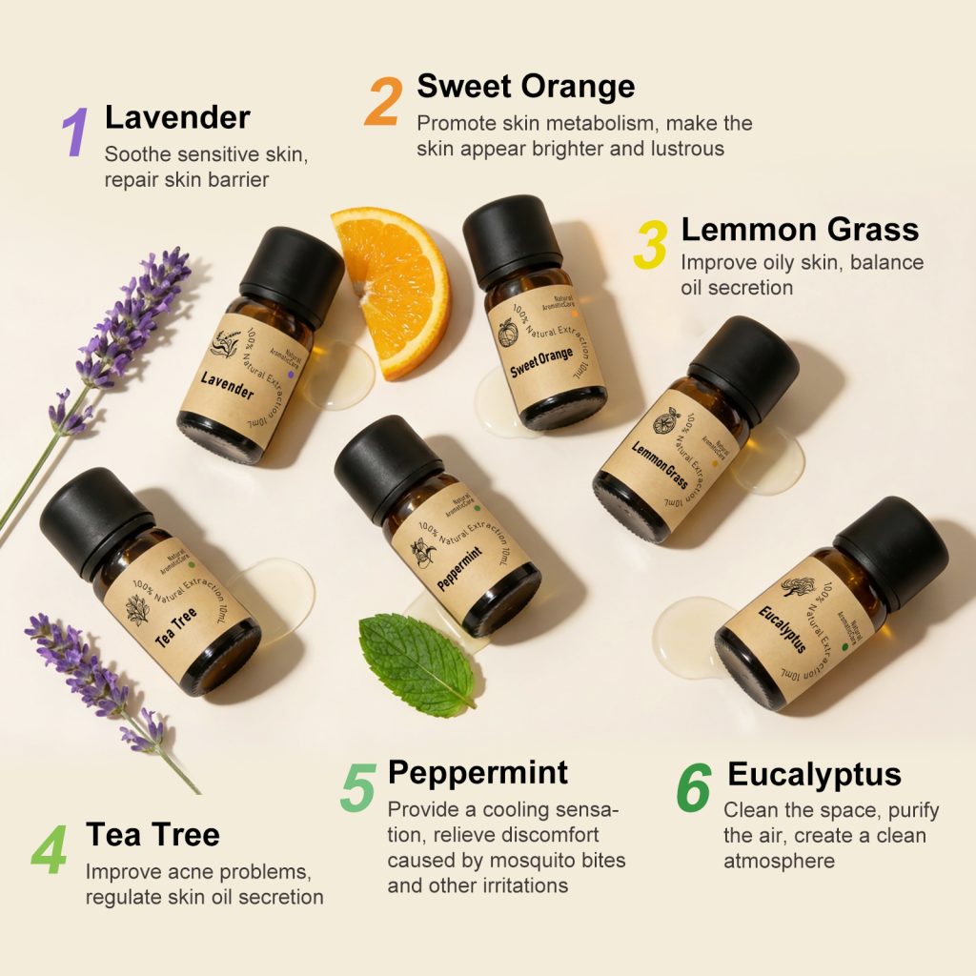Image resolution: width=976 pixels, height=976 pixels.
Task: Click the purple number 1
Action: (x=76, y=132)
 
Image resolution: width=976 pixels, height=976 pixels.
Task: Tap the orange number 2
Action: (x=383, y=101)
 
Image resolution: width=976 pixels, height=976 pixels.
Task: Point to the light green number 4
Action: (x=50, y=851)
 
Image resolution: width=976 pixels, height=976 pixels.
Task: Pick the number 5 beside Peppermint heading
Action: (x=357, y=787)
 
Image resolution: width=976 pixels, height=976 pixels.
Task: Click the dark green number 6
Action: (x=694, y=788)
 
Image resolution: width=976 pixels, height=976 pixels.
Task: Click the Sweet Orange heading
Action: (x=525, y=87)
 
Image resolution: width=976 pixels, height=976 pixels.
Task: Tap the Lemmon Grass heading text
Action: (x=800, y=230)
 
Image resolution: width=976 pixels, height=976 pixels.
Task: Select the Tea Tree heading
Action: (x=152, y=835)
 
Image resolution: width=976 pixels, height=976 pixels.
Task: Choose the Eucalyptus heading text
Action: (x=814, y=774)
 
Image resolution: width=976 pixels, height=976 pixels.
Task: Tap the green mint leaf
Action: (x=417, y=662)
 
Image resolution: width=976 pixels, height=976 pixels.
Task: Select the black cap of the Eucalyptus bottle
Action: (x=890, y=553)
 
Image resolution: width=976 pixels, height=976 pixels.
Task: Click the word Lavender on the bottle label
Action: (x=227, y=385)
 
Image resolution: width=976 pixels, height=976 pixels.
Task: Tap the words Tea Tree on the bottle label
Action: (x=175, y=630)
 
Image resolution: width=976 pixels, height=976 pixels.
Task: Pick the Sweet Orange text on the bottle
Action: (x=541, y=363)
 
